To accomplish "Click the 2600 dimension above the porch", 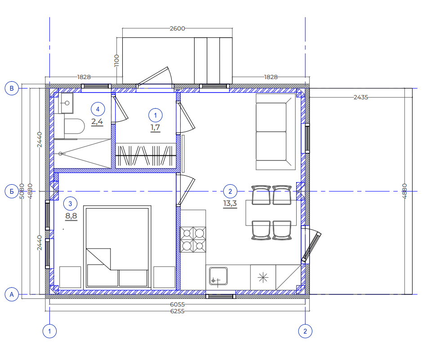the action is click(178, 28).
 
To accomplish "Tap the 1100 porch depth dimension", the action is click(116, 61).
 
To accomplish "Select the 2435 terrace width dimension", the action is click(360, 97).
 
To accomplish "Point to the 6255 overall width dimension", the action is click(178, 311).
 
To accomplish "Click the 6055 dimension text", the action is click(178, 304).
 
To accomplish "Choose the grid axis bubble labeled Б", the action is click(12, 191).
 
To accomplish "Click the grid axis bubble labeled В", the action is click(12, 88).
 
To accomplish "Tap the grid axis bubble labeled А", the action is click(12, 294).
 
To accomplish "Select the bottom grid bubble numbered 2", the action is click(305, 331).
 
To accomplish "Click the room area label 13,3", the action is click(230, 204).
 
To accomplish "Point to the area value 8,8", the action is click(71, 216).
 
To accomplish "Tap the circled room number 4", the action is click(98, 109).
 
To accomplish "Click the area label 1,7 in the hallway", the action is click(155, 128).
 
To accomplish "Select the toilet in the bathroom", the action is click(73, 126).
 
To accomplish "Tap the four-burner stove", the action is click(193, 240).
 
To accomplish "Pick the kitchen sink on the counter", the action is click(218, 276).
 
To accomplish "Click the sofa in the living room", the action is click(275, 132).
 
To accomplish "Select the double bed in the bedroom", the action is click(117, 248).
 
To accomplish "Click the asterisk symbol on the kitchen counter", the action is click(263, 277).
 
